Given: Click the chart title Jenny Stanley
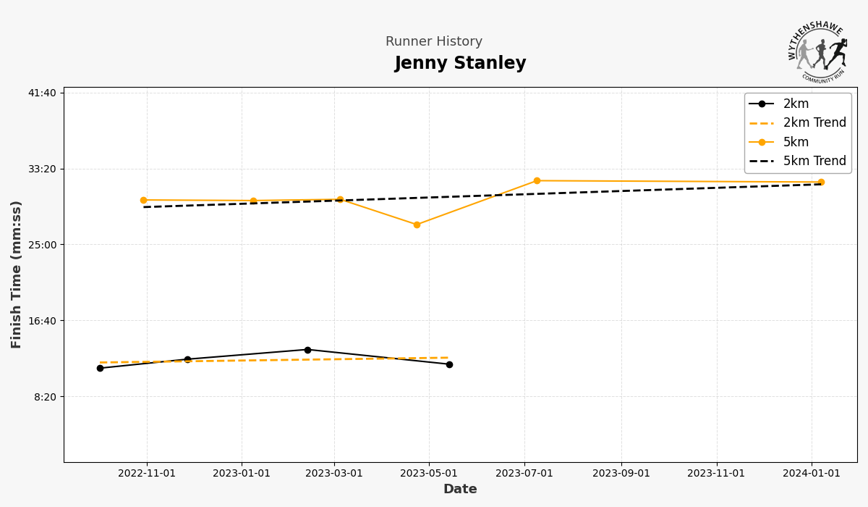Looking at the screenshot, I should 460,64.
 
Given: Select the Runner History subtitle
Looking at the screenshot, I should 433,42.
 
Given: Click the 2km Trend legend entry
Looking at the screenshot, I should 814,123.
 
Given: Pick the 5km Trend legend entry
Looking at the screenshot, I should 814,161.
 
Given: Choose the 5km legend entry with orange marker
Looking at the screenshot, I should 796,142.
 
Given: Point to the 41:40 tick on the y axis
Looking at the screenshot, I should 43,93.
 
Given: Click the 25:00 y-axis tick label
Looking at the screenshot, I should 43,245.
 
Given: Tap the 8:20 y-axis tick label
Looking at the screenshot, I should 46,397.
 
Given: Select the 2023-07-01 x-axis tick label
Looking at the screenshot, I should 524,474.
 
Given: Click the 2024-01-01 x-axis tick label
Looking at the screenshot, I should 812,474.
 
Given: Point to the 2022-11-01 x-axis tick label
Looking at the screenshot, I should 147,474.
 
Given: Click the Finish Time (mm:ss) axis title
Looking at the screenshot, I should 17,274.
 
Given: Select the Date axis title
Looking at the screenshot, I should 460,490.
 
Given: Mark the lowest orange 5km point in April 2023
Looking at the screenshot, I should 417,225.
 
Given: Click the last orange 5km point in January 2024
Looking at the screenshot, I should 821,182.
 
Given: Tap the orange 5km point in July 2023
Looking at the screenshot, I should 537,180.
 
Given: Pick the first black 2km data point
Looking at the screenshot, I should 100,368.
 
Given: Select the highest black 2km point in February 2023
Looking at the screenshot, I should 307,350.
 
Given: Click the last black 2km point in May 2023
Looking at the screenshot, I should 449,364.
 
